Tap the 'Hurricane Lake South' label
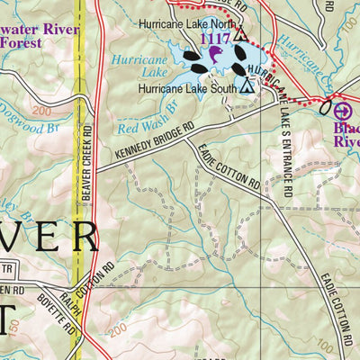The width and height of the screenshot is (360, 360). click(186, 89)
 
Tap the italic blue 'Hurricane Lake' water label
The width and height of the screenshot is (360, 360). click(136, 68)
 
